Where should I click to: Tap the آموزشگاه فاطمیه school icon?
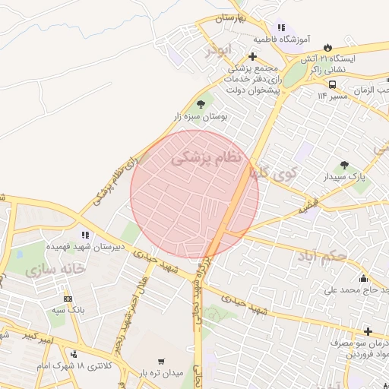tap(281, 27)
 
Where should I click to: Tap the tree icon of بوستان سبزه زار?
tap(201, 104)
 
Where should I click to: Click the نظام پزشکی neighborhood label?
tap(206, 157)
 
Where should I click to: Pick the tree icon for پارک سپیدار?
tap(344, 164)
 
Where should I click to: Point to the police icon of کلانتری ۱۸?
tap(73, 353)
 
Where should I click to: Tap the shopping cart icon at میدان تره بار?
tap(160, 362)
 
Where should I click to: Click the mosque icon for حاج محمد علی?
tap(363, 278)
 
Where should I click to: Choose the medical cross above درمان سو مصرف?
tap(368, 331)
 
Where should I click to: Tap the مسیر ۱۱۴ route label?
tap(332, 96)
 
